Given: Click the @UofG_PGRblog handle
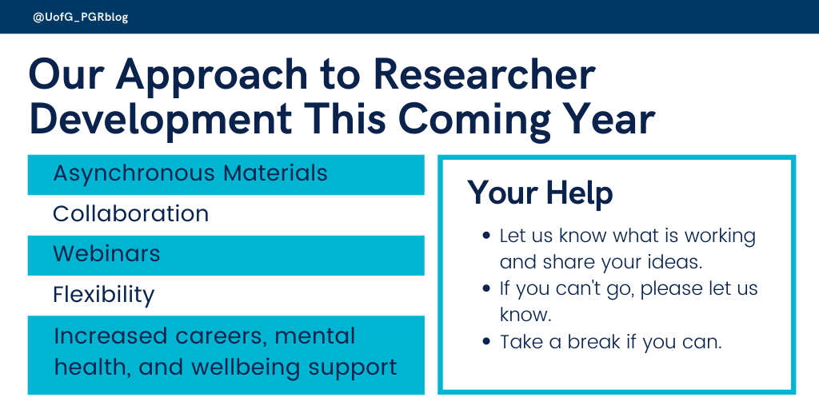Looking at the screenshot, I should [81, 17].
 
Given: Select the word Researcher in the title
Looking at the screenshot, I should [485, 75].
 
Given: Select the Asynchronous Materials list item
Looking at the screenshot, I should [190, 173].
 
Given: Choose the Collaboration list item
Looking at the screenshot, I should [130, 214].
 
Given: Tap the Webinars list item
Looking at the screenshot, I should [106, 254].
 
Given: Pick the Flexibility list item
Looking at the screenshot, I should [103, 295].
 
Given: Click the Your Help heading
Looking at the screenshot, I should [540, 193].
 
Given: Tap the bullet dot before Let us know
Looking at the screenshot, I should [487, 237].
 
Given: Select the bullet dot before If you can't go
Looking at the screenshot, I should [487, 288].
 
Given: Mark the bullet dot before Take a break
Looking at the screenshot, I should [487, 342].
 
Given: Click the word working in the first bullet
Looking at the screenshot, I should [716, 236].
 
